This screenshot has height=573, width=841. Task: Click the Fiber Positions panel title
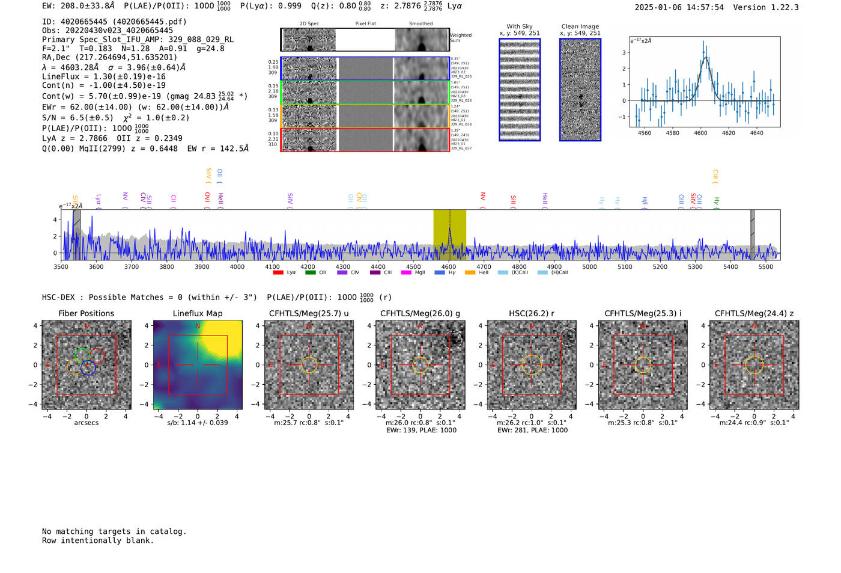click(86, 313)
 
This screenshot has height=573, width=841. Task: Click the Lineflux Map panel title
click(197, 313)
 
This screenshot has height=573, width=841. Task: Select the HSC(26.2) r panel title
click(531, 313)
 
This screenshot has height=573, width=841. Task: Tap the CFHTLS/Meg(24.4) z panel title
click(754, 313)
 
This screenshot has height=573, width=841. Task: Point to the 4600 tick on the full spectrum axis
click(448, 266)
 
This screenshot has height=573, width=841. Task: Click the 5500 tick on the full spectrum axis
click(765, 266)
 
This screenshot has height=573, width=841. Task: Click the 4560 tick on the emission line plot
click(644, 133)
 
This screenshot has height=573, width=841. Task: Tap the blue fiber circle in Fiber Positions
click(88, 369)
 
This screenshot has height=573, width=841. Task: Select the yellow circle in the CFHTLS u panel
click(309, 364)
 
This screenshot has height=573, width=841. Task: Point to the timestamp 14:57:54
click(705, 7)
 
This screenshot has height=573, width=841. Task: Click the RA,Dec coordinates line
click(109, 57)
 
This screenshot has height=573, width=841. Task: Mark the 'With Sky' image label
click(519, 26)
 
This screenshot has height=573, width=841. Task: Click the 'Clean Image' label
click(580, 26)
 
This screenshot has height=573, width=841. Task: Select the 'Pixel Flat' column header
click(365, 24)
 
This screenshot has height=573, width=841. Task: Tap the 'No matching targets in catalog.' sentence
click(114, 532)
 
